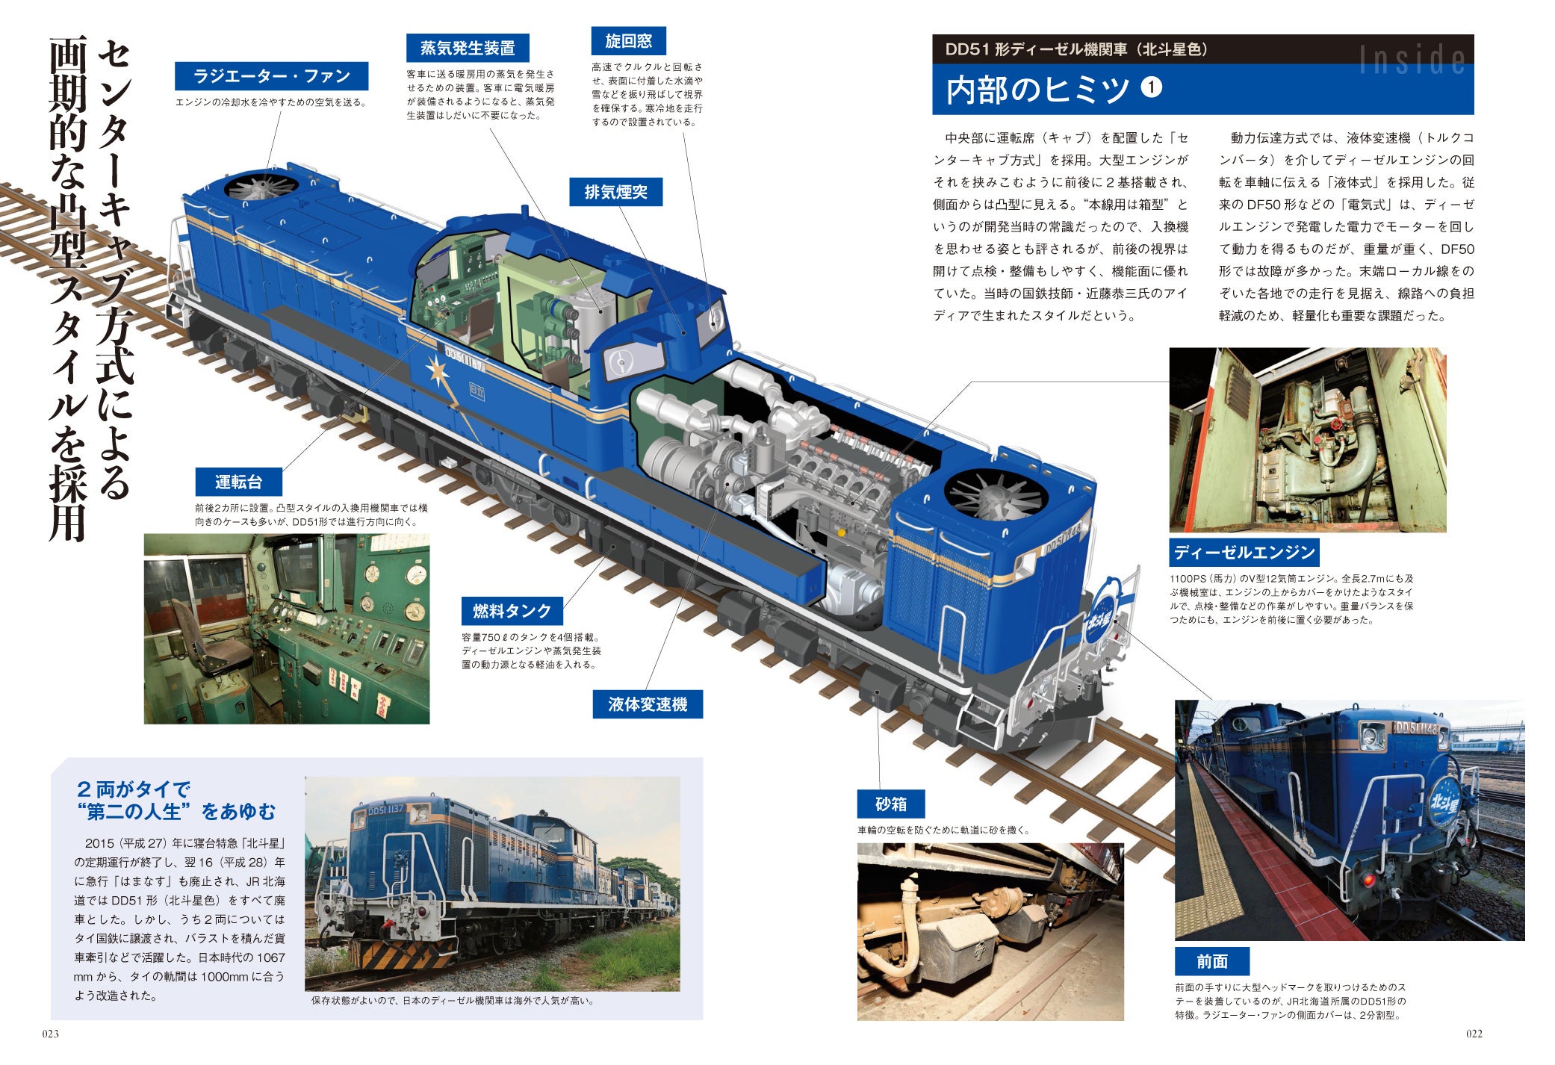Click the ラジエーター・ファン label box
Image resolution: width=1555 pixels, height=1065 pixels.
pos(271,76)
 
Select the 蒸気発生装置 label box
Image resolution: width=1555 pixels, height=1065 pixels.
pos(468,48)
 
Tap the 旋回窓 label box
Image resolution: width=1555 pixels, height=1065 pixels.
pos(628,41)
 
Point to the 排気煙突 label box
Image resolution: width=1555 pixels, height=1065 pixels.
pos(615,192)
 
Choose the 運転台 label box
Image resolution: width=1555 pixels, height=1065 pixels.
pos(239,482)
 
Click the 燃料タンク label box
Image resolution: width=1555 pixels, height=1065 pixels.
pos(512,611)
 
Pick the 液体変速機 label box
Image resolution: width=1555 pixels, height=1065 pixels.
pos(648,704)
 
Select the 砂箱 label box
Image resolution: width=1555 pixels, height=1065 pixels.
pos(891,804)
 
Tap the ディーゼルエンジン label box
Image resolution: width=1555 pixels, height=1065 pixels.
pos(1244,552)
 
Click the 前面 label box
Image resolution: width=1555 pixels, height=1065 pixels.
pos(1212,961)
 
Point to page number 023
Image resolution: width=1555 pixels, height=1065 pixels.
pos(50,1034)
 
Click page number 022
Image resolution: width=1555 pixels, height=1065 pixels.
pos(1474,1034)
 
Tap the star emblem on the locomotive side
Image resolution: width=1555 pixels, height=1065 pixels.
pos(437,371)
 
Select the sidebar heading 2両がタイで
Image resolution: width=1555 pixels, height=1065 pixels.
pos(134,789)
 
